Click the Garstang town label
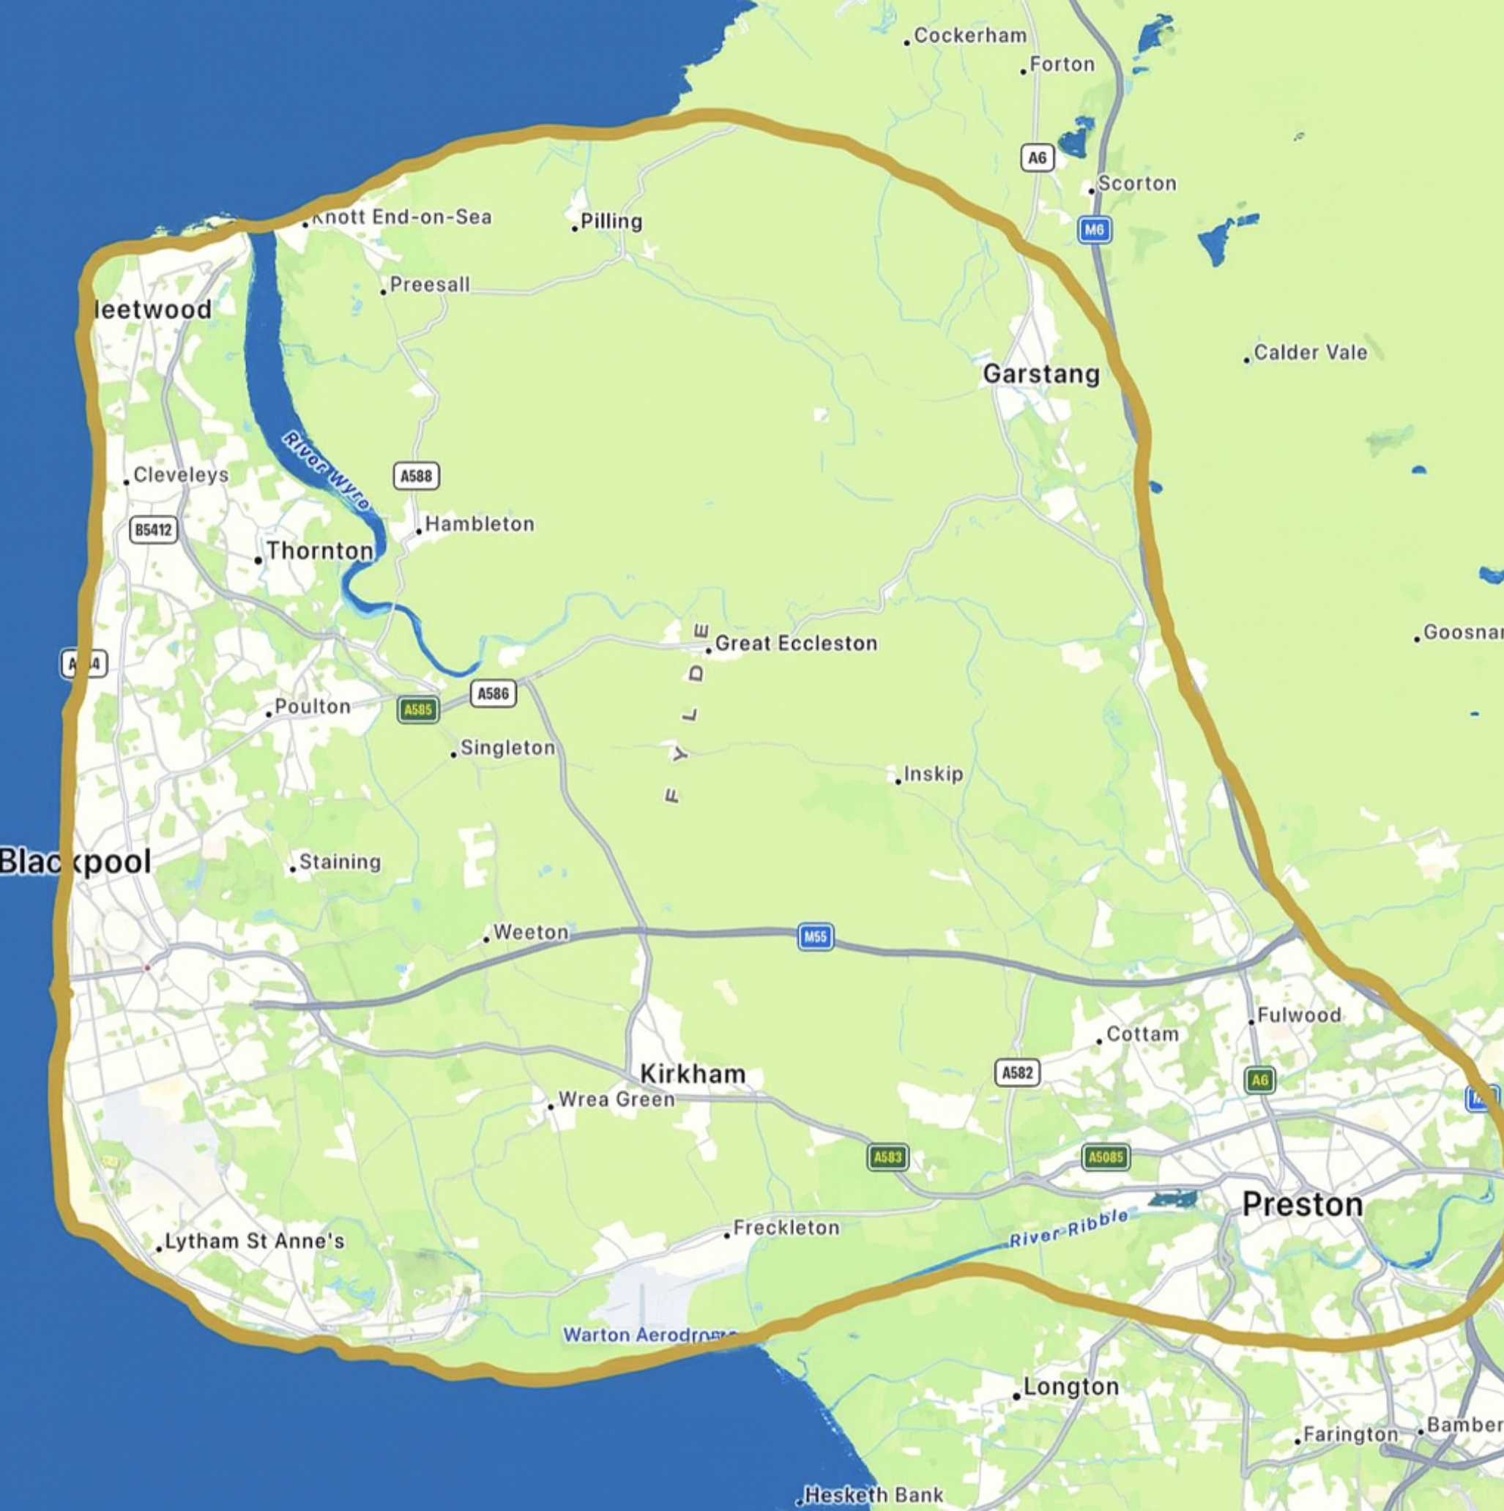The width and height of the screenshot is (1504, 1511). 1041,374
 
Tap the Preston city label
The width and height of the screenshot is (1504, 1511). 1302,1204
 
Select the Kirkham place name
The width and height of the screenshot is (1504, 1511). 692,1074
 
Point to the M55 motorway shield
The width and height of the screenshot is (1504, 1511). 815,937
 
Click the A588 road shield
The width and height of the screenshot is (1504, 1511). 416,476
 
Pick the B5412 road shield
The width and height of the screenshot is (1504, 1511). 153,530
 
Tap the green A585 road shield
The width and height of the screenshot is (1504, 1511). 418,709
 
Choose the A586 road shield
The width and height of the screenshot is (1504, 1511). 494,694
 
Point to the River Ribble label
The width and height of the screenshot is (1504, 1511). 1069,1228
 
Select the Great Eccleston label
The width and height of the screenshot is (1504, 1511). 795,643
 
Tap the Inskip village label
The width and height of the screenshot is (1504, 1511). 933,775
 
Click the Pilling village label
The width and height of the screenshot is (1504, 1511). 611,222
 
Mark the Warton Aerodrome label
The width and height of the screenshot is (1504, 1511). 649,1335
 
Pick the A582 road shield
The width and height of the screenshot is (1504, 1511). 1018,1072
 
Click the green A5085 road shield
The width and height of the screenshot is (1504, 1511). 1105,1157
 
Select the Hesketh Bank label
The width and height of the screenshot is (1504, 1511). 874,1496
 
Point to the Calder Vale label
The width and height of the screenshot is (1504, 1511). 1310,353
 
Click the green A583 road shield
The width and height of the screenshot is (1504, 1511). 887,1157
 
